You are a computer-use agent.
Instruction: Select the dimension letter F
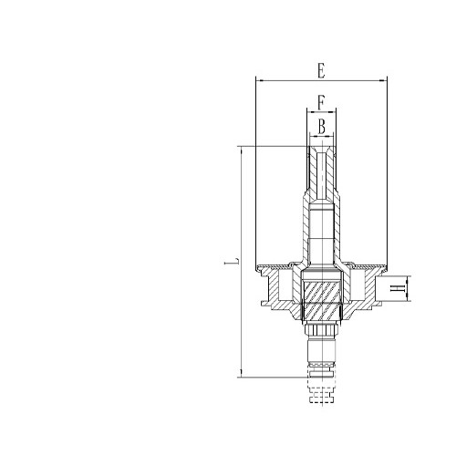coord(321,100)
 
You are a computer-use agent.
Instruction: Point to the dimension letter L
coord(233,262)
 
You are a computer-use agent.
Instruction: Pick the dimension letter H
coord(396,289)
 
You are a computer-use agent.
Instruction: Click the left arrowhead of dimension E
coord(261,80)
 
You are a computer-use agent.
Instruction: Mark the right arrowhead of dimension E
coord(385,80)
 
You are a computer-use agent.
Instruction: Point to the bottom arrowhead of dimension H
coord(410,300)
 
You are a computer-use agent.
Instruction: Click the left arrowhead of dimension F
coord(308,110)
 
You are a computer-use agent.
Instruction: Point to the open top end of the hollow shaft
coord(321,146)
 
